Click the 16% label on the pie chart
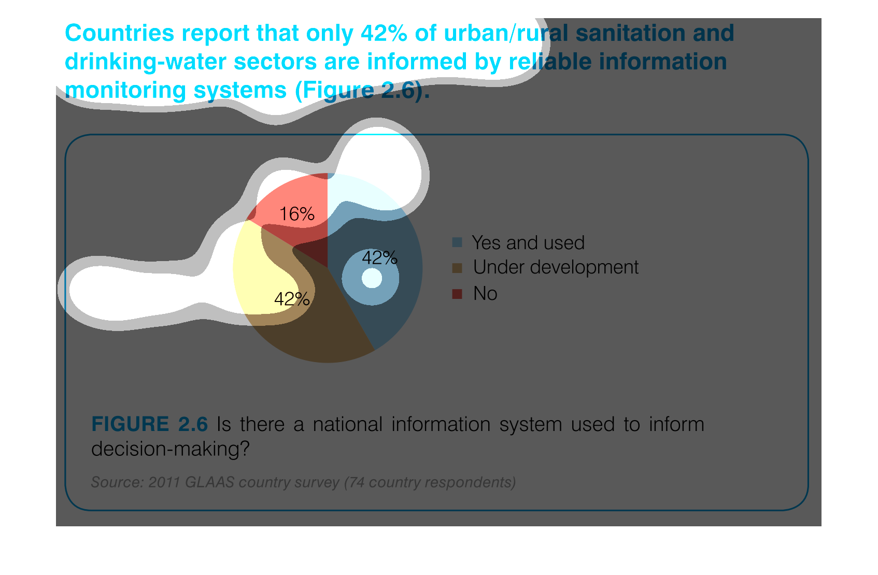296,214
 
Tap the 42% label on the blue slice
379,258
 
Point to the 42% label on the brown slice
292,299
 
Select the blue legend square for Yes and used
457,242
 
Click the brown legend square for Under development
457,268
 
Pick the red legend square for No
457,294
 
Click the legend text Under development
556,267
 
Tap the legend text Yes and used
528,242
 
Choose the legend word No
485,293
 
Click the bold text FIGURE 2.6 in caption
149,424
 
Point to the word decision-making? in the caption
171,449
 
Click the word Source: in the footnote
117,482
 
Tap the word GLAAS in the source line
210,482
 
